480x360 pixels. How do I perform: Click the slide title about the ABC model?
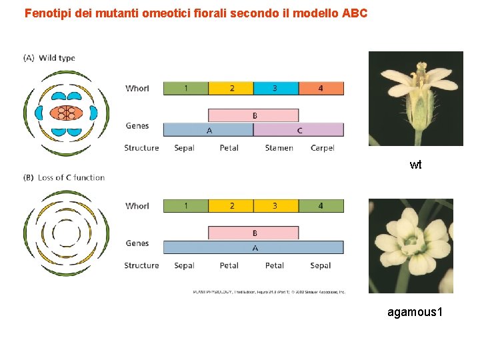pyautogui.click(x=195, y=13)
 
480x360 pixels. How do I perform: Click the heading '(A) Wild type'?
pyautogui.click(x=49, y=58)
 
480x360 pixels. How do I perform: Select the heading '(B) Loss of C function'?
pyautogui.click(x=64, y=177)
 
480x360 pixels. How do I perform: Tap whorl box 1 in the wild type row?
pyautogui.click(x=185, y=88)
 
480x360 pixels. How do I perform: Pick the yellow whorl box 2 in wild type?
pyautogui.click(x=231, y=88)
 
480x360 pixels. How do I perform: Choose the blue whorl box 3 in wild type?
pyautogui.click(x=275, y=88)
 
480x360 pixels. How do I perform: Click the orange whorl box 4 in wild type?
pyautogui.click(x=321, y=88)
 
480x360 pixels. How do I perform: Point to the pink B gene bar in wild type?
pyautogui.click(x=253, y=115)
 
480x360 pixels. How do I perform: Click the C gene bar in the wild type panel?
pyautogui.click(x=299, y=130)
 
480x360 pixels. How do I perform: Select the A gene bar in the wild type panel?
pyautogui.click(x=208, y=130)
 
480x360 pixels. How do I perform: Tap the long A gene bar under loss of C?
pyautogui.click(x=253, y=247)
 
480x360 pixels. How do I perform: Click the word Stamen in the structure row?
pyautogui.click(x=279, y=148)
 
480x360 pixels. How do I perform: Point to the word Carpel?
pyautogui.click(x=322, y=148)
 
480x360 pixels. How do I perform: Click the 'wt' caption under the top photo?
pyautogui.click(x=415, y=165)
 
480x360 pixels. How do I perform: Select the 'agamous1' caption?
pyautogui.click(x=415, y=312)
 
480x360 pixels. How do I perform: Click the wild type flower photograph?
pyautogui.click(x=415, y=99)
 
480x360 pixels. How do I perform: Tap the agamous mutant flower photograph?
pyautogui.click(x=411, y=246)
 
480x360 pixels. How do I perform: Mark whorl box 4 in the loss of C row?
pyautogui.click(x=321, y=206)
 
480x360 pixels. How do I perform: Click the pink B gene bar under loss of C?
pyautogui.click(x=253, y=233)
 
